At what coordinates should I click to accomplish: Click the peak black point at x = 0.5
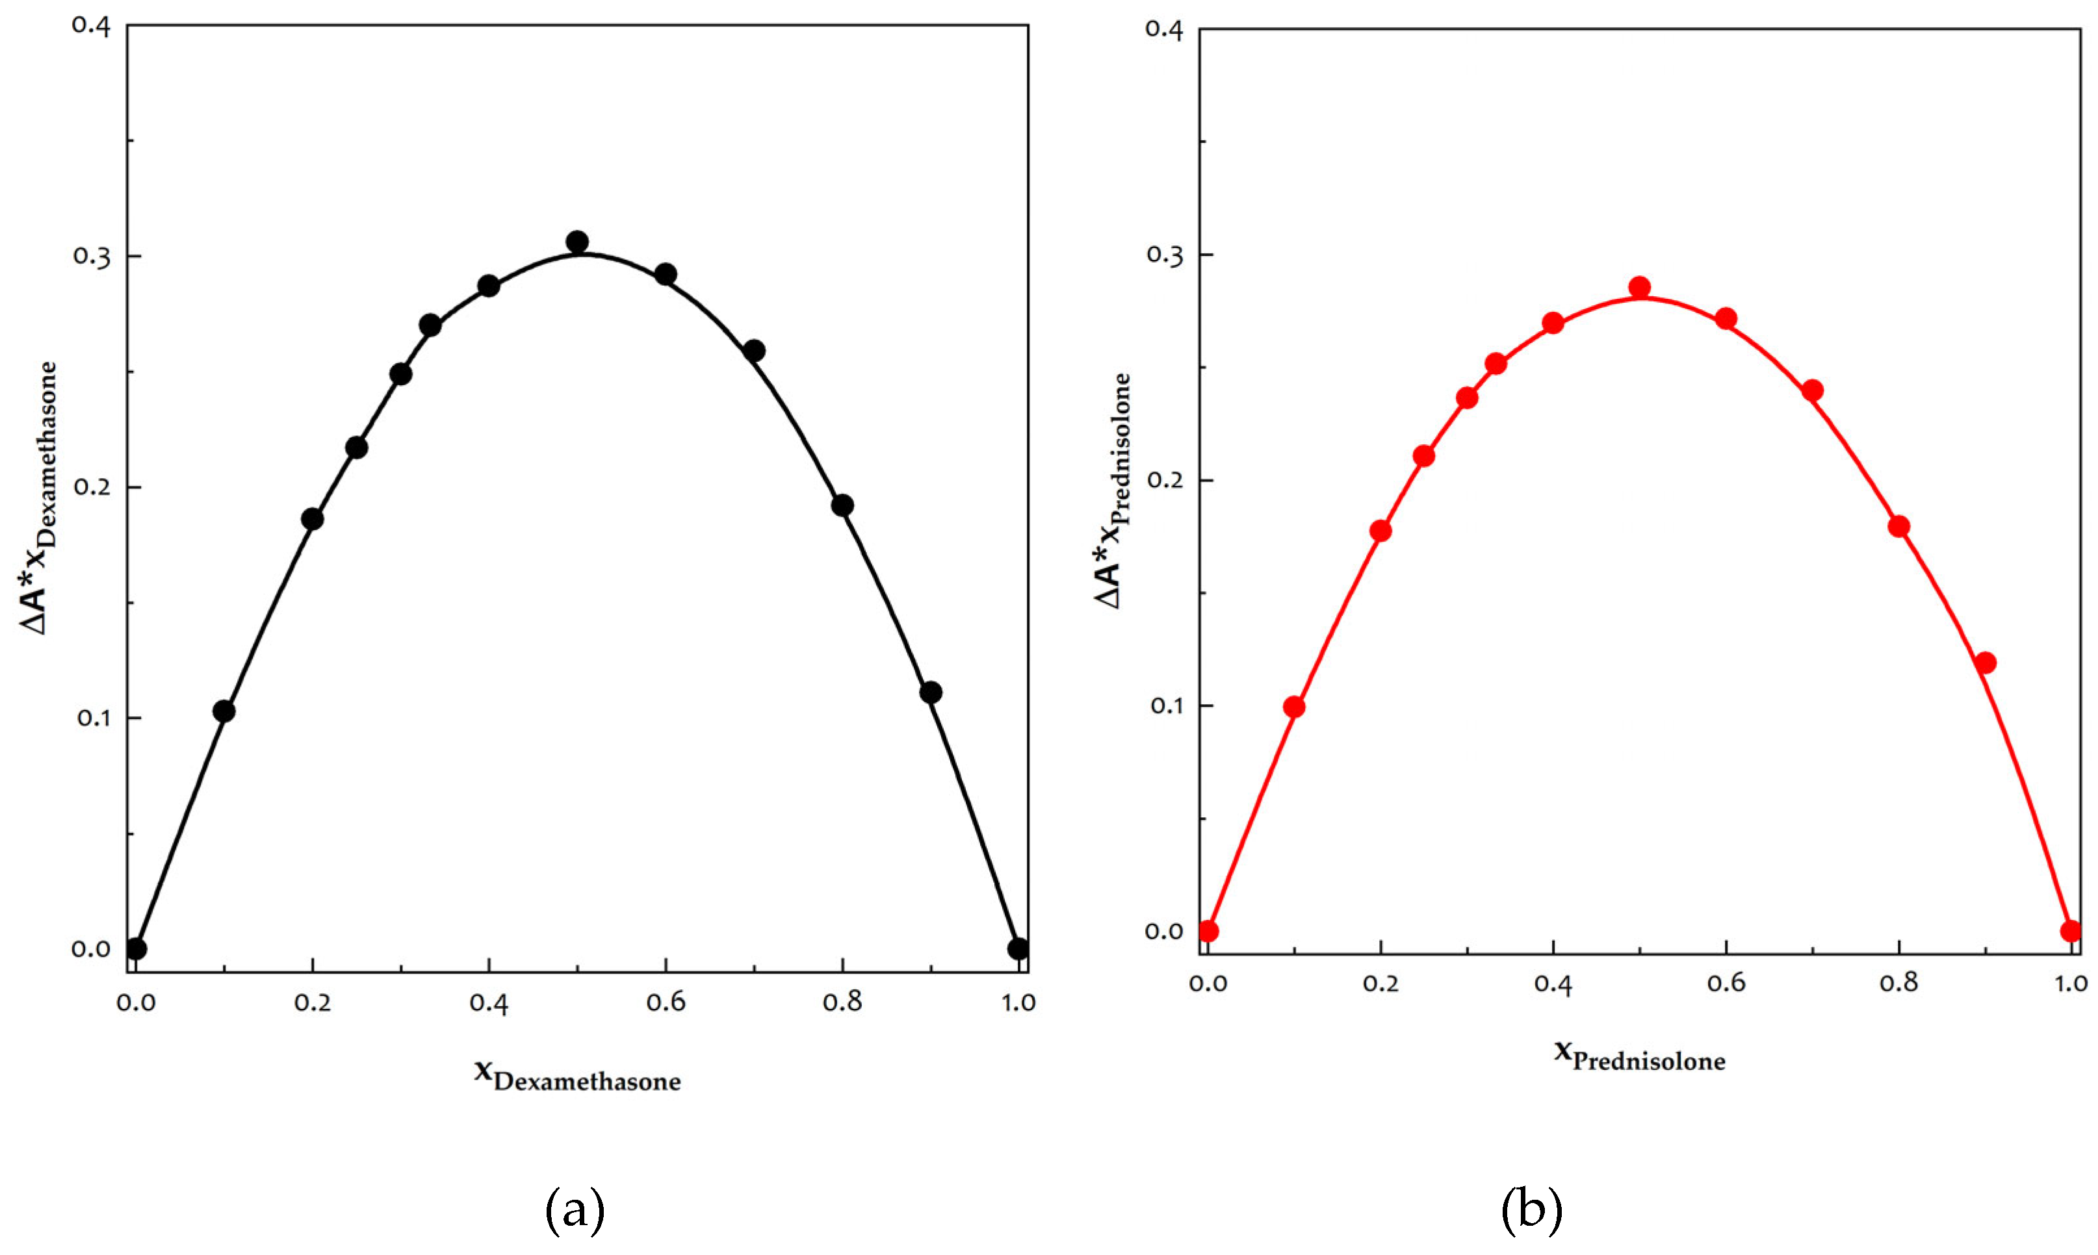click(577, 242)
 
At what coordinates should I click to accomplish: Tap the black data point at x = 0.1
click(224, 711)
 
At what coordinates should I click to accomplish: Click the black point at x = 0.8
click(842, 506)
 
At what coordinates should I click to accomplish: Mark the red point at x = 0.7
click(1812, 390)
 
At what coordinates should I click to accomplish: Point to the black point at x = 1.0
click(1018, 949)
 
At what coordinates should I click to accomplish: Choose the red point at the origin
click(1208, 931)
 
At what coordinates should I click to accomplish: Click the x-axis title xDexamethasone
click(577, 1076)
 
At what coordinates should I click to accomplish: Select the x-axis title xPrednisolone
click(1640, 1056)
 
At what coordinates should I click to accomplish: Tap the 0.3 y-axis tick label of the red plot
click(1163, 254)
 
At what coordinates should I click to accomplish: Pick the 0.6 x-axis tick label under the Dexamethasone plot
click(666, 1002)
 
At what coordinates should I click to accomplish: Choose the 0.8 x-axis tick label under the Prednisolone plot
click(1898, 983)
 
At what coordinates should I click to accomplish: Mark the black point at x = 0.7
click(754, 350)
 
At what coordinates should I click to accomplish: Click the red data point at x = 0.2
click(1380, 530)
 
